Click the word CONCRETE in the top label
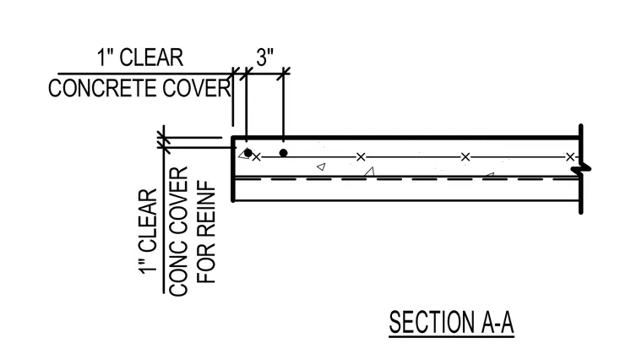(x=103, y=88)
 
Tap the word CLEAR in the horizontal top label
(x=151, y=57)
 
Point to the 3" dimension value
(x=265, y=57)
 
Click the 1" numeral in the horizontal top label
(x=105, y=57)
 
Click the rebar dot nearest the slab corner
(x=248, y=153)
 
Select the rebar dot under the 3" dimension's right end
(x=283, y=153)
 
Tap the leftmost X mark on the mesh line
(x=256, y=157)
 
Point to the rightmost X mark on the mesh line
(x=570, y=157)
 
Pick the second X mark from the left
(x=361, y=157)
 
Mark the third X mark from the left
(x=465, y=157)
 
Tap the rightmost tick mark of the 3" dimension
(x=283, y=74)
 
